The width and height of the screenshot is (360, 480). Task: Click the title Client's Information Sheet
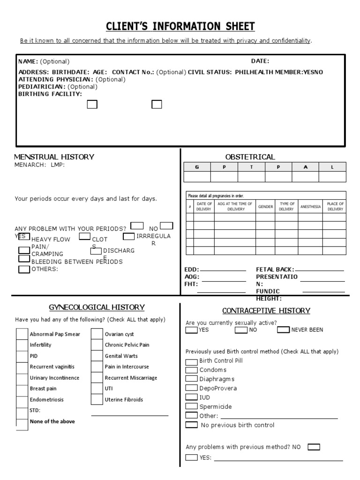[x=180, y=25]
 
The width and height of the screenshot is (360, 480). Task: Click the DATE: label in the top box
[x=260, y=61]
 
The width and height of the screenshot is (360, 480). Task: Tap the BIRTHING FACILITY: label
[x=50, y=94]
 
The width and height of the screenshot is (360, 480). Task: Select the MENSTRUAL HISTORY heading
[x=54, y=157]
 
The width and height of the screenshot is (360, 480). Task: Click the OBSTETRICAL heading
[x=250, y=157]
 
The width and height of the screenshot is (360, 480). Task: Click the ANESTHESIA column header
[x=310, y=206]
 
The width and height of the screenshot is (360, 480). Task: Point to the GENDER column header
[x=265, y=206]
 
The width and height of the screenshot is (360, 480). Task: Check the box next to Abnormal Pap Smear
[x=22, y=334]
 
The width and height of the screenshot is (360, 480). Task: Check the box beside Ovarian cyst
[x=97, y=334]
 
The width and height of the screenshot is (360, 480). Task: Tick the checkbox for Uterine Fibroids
[x=97, y=399]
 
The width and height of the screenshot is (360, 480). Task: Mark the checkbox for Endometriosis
[x=22, y=399]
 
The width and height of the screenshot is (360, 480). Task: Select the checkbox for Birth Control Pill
[x=192, y=361]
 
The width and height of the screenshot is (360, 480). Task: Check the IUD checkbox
[x=192, y=397]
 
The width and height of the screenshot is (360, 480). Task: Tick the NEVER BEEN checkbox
[x=283, y=330]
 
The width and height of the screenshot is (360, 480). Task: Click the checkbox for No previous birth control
[x=192, y=425]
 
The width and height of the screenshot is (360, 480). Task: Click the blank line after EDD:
[x=223, y=270]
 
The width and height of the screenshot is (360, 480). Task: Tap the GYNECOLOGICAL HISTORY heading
[x=97, y=307]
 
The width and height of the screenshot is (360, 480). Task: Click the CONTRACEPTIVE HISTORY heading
[x=266, y=311]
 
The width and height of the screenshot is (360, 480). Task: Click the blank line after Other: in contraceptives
[x=279, y=417]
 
